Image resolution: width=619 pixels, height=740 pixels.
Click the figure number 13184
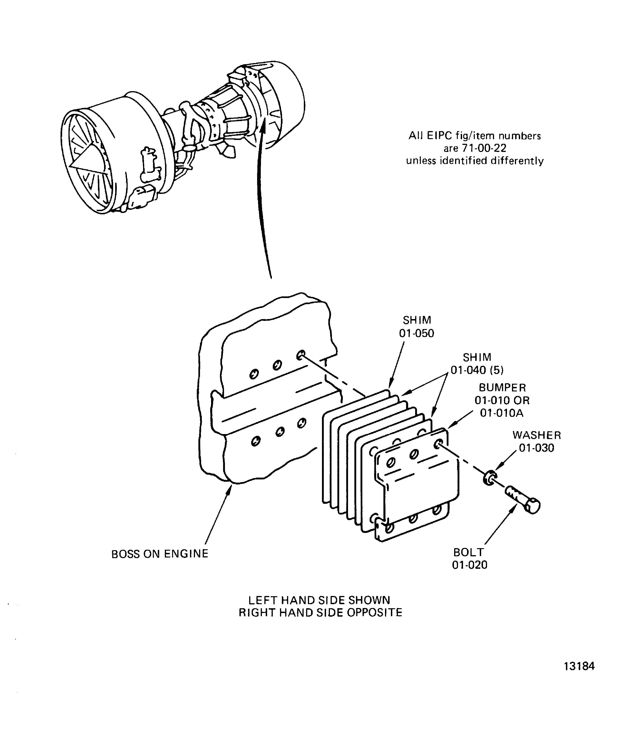tap(579, 666)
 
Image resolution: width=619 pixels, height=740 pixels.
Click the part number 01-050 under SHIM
tap(417, 333)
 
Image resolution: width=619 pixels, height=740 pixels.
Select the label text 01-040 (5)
tap(477, 370)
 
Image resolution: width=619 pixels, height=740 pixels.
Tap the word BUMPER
tap(502, 388)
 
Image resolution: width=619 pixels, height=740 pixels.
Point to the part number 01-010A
tap(502, 413)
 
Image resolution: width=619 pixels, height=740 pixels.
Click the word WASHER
tap(536, 435)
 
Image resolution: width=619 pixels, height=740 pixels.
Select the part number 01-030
tap(536, 448)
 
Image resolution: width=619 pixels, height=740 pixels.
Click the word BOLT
tap(469, 552)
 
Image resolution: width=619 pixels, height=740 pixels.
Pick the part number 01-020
tap(470, 565)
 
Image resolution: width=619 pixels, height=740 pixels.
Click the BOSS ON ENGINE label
tap(160, 554)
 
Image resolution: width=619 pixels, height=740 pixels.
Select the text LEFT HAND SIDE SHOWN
tap(319, 600)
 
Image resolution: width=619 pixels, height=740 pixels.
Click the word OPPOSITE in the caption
tap(374, 613)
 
